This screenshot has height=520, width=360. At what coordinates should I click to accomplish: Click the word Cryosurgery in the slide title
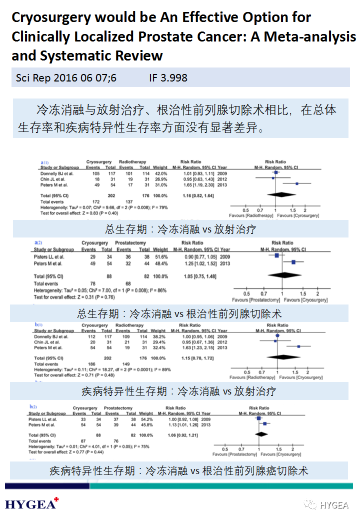tap(51, 18)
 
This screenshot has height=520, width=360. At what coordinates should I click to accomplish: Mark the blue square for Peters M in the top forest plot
tap(297, 183)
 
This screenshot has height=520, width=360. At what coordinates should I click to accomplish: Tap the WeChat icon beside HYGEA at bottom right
tap(312, 504)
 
